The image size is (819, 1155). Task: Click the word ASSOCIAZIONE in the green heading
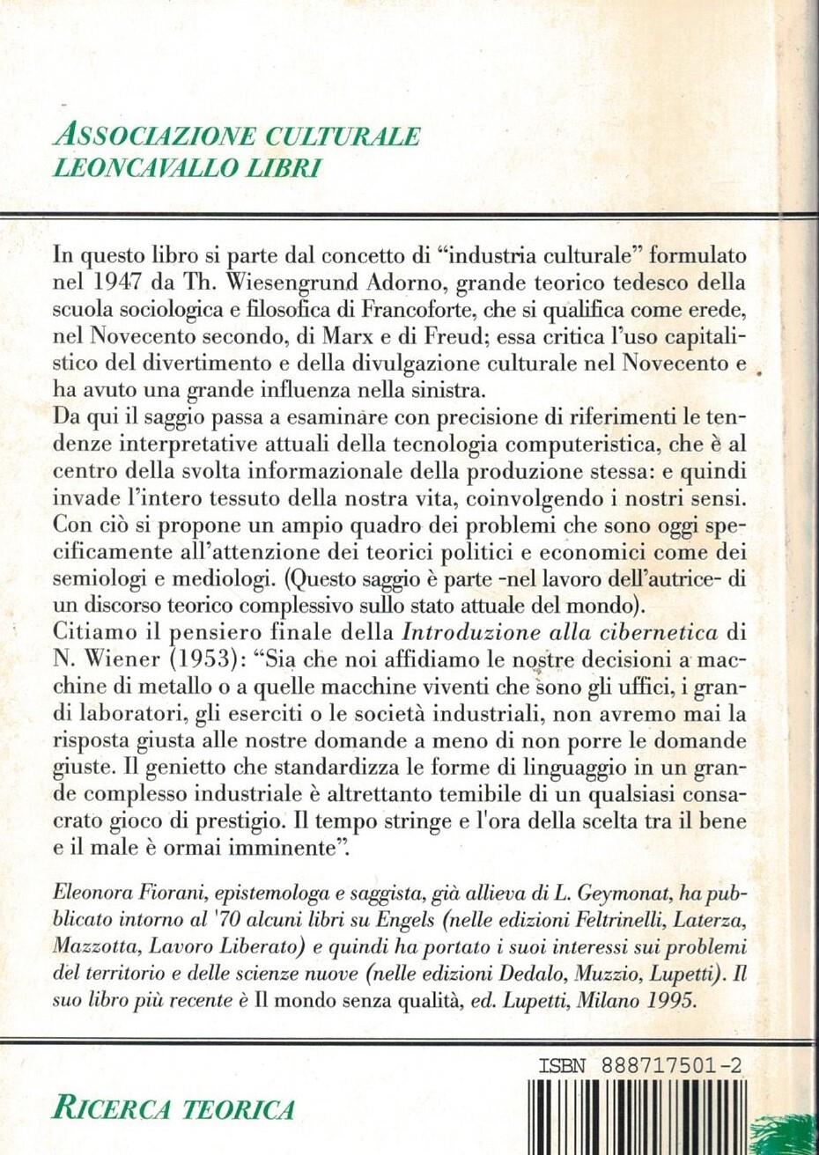click(155, 136)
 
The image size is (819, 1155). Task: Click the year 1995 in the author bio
click(669, 1002)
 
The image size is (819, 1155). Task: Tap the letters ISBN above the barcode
click(561, 1064)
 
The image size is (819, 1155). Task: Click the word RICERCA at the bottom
click(110, 1108)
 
